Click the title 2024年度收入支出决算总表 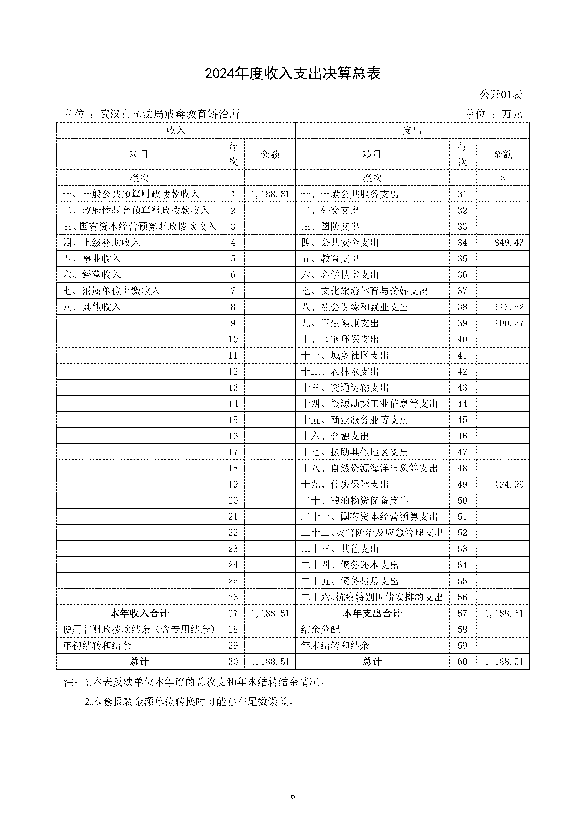(x=293, y=74)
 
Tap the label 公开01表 (x=501, y=95)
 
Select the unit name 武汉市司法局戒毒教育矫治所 (x=169, y=114)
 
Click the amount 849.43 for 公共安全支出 (x=509, y=243)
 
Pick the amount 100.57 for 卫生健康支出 (x=509, y=323)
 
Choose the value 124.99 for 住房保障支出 (x=509, y=484)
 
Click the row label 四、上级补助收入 (x=102, y=243)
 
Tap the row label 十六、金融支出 (x=335, y=436)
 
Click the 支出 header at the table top (x=412, y=131)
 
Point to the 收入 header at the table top (x=176, y=131)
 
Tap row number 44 (x=462, y=404)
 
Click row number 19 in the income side (x=233, y=484)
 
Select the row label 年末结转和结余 (x=335, y=646)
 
